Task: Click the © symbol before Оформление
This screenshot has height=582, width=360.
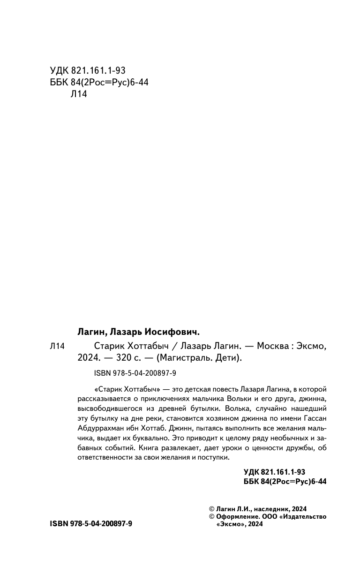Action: (211, 516)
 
